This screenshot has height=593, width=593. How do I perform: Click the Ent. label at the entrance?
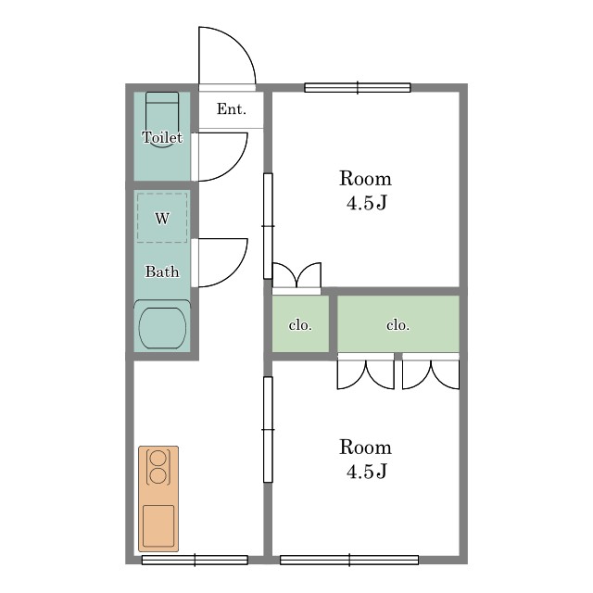(232, 109)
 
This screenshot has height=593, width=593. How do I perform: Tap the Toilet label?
(162, 137)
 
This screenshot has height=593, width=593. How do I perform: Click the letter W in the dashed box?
(162, 219)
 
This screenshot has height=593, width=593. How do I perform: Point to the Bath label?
(162, 271)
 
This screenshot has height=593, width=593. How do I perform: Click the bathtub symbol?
(162, 327)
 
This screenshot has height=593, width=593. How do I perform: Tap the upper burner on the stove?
(158, 458)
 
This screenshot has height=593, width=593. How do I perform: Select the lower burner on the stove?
(158, 475)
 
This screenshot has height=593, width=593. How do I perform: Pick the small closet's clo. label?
(300, 325)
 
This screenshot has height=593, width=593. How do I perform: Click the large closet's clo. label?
(397, 325)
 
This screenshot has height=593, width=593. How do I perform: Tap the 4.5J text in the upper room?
(367, 203)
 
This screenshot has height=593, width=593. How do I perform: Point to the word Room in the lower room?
(365, 447)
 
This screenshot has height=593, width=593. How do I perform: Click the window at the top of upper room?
(358, 88)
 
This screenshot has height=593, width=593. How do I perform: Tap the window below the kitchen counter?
(195, 560)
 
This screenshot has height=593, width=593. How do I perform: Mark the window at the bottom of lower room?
(349, 560)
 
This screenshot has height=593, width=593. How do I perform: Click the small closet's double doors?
(296, 275)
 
